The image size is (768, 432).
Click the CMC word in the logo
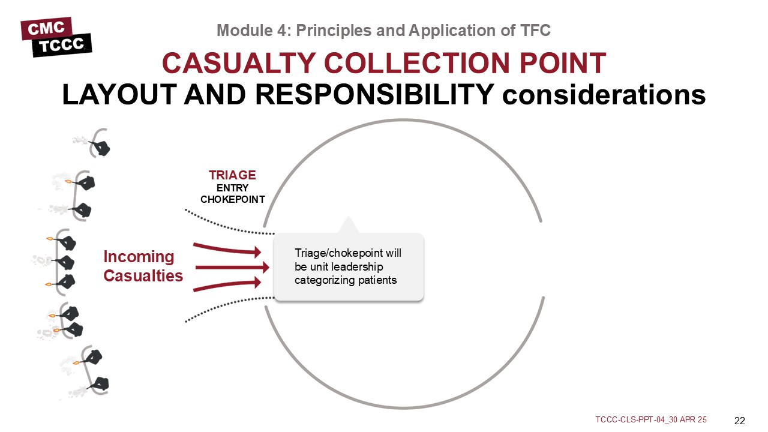[x=46, y=28]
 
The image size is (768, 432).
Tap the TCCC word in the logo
[x=61, y=45]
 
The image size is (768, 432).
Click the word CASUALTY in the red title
[x=239, y=63]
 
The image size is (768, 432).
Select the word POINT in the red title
[x=563, y=63]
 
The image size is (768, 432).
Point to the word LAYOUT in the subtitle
[x=119, y=95]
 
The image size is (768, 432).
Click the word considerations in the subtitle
[x=604, y=95]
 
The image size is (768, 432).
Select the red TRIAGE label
[x=232, y=175]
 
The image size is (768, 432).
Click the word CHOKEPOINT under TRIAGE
[x=232, y=200]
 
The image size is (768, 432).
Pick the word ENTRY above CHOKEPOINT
[x=232, y=188]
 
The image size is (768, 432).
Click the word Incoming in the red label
[x=139, y=257]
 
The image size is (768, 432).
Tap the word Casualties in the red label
[x=143, y=275]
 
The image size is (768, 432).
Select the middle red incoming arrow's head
[x=265, y=268]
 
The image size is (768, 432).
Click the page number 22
[x=740, y=421]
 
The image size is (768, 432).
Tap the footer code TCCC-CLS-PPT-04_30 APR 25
[x=651, y=419]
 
